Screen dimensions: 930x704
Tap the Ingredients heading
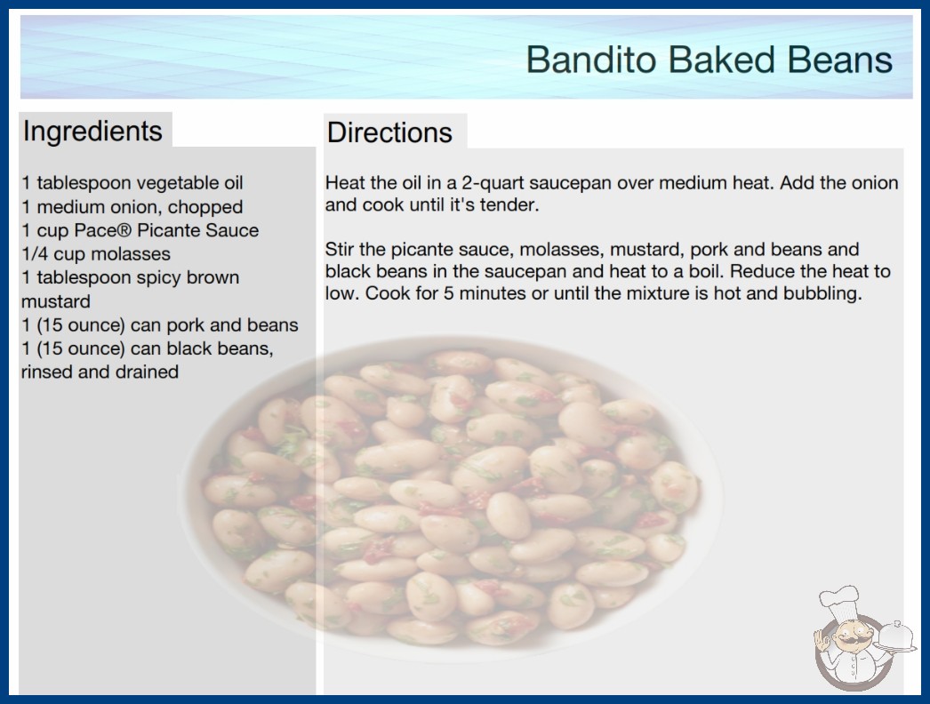(92, 132)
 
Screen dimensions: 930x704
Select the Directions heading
(389, 132)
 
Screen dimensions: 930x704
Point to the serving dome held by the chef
(895, 636)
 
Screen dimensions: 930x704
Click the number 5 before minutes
(448, 293)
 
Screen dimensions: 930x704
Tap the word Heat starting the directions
(344, 183)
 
